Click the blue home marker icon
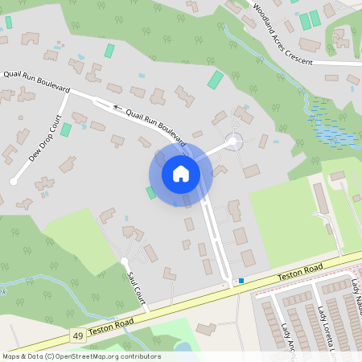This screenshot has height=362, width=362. (180, 173)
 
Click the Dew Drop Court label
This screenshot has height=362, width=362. (45, 138)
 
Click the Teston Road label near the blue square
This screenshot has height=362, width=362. (299, 273)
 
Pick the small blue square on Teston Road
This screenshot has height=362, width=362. (241, 281)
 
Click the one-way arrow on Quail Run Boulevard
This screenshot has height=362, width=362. (117, 106)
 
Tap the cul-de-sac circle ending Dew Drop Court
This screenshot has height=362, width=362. (13, 182)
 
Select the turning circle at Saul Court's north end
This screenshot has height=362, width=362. (124, 261)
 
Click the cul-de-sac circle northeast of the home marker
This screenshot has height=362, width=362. (233, 142)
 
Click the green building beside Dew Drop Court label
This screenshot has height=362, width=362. (66, 129)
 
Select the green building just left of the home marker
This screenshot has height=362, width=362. (150, 192)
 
